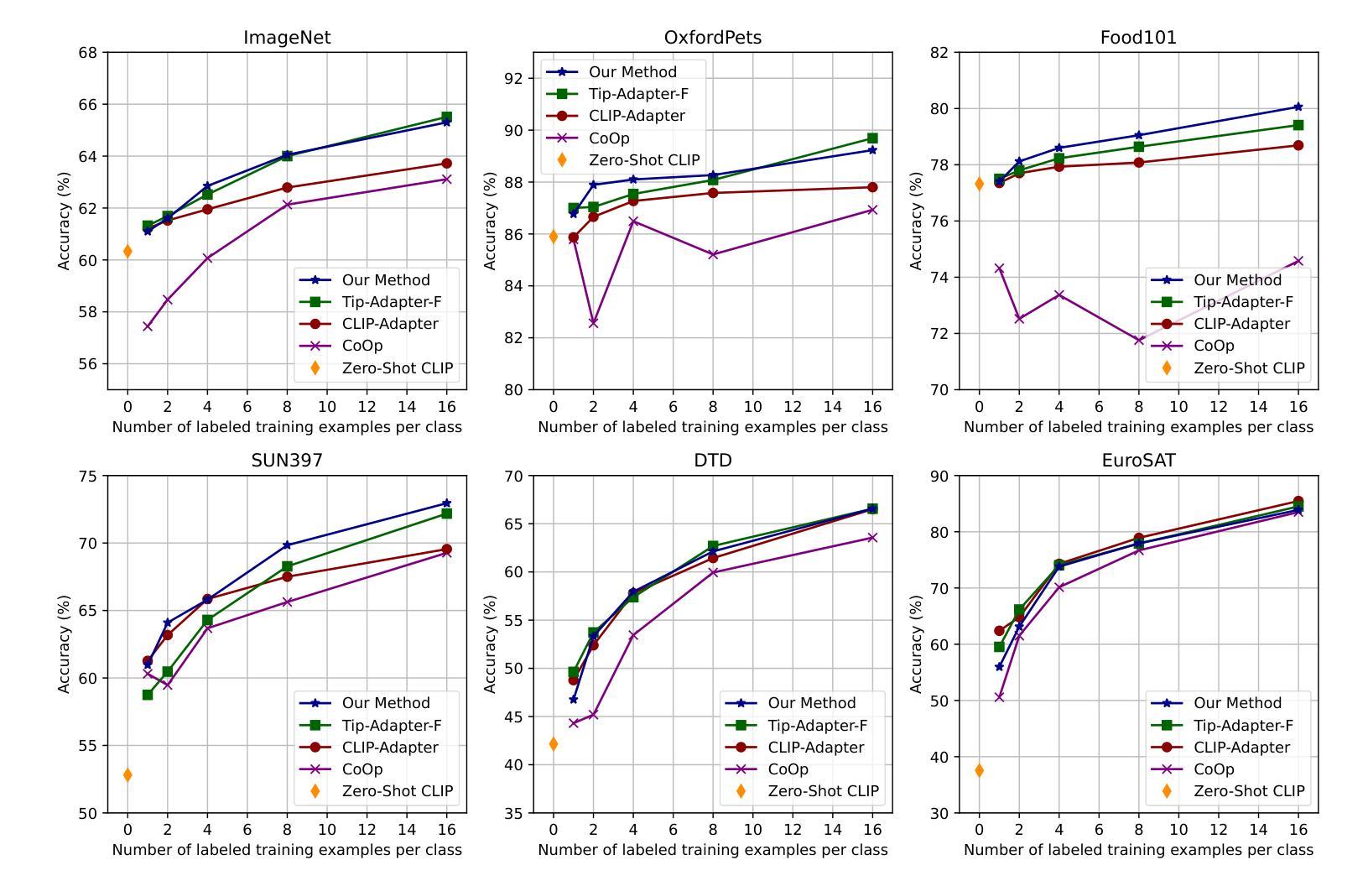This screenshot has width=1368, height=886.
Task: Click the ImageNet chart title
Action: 287,38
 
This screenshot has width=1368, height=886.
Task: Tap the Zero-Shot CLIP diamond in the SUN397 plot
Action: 127,774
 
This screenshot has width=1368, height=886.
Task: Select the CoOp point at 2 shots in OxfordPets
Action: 593,322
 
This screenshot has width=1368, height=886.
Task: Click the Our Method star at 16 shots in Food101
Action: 1298,107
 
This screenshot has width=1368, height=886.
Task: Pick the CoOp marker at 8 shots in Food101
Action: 1139,340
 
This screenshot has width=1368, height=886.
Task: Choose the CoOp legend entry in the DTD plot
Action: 788,769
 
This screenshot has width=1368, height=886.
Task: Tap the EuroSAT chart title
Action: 1138,461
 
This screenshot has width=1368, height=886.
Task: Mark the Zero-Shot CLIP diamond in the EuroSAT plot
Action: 979,770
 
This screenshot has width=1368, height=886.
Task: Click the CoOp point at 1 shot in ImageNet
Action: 148,326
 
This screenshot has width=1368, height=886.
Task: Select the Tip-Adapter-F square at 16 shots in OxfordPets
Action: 872,138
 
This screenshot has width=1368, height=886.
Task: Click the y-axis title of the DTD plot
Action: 491,644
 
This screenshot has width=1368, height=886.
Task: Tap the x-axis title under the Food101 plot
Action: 1138,427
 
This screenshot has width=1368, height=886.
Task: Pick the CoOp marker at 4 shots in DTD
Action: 633,635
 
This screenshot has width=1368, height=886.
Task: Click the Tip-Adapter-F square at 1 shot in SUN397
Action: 148,695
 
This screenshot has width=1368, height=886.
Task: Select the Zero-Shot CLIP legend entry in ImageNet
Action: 397,367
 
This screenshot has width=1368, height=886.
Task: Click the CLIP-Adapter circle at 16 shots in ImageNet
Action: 446,164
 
